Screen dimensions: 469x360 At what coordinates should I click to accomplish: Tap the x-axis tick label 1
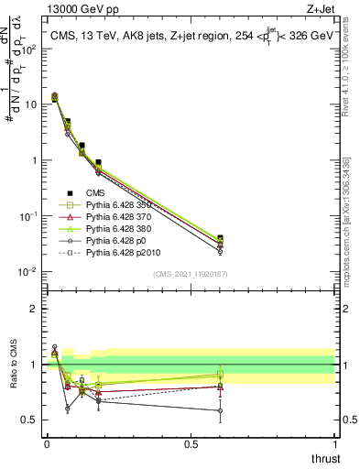(334, 443)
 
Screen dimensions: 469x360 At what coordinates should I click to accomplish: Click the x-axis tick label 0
(46, 443)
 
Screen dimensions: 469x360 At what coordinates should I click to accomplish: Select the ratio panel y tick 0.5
(30, 420)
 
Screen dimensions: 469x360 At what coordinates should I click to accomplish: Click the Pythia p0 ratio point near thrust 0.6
(219, 410)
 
